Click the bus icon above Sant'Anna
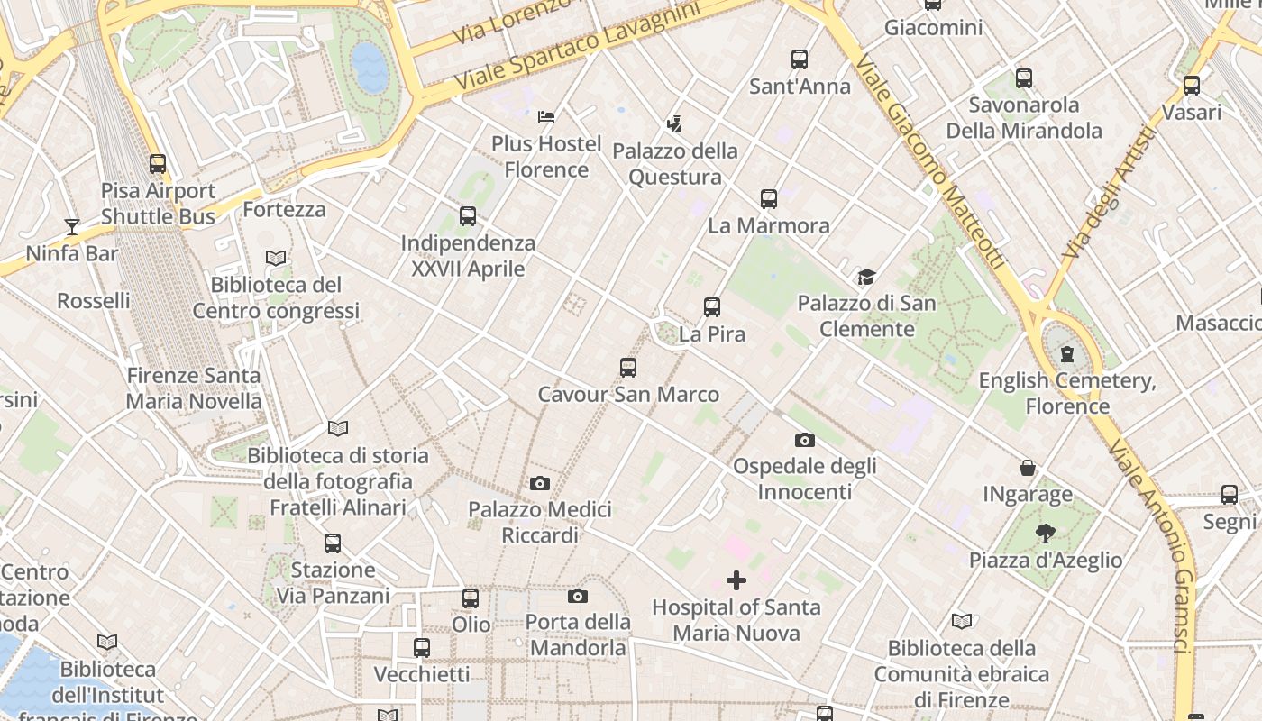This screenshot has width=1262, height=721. (x=800, y=59)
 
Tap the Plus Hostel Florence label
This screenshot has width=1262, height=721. (x=546, y=157)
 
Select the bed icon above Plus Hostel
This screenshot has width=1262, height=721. (x=546, y=116)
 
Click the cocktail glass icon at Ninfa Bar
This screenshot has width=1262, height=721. (x=72, y=226)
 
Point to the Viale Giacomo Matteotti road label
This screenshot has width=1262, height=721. (x=928, y=162)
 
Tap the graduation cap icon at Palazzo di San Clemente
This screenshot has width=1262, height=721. (x=866, y=277)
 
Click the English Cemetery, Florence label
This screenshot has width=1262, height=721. (x=1067, y=393)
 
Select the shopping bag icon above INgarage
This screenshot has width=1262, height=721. (x=1028, y=468)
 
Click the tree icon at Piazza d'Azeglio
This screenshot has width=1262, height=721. (x=1046, y=534)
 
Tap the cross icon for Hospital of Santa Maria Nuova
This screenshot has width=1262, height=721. (x=736, y=580)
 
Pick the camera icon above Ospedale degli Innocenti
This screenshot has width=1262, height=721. (x=805, y=440)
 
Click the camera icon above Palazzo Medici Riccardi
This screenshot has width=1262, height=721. (x=540, y=483)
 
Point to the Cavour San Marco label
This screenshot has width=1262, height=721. (x=628, y=395)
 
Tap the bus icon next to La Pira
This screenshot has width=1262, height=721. (x=712, y=307)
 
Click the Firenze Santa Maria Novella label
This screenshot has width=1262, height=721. (x=194, y=388)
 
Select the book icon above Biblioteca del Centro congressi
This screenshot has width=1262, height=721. (x=276, y=258)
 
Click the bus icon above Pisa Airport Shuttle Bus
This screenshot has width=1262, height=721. (x=158, y=164)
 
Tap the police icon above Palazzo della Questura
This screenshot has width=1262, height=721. (x=674, y=123)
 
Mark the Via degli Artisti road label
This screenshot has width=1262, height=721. (x=1108, y=194)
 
